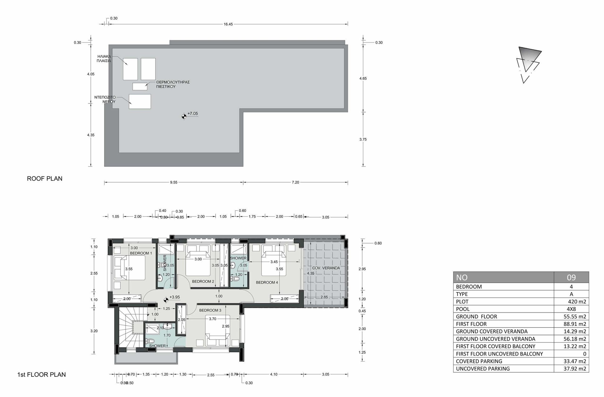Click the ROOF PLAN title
pyautogui.click(x=45, y=179)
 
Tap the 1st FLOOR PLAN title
pyautogui.click(x=41, y=374)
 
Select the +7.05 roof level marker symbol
pyautogui.click(x=184, y=117)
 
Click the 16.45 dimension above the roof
pyautogui.click(x=228, y=24)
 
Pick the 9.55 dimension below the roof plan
pyautogui.click(x=174, y=182)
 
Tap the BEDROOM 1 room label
pyautogui.click(x=141, y=253)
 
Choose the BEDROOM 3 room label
pyautogui.click(x=210, y=310)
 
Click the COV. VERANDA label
pyautogui.click(x=326, y=268)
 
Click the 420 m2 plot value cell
pyautogui.click(x=575, y=301)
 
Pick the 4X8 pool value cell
pyautogui.click(x=571, y=309)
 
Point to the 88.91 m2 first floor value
pyautogui.click(x=575, y=324)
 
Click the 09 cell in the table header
pyautogui.click(x=571, y=277)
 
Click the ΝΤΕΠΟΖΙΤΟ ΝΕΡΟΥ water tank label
pyautogui.click(x=105, y=99)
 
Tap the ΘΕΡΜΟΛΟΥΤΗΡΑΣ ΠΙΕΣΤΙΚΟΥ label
pyautogui.click(x=173, y=84)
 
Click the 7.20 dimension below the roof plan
pyautogui.click(x=295, y=182)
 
